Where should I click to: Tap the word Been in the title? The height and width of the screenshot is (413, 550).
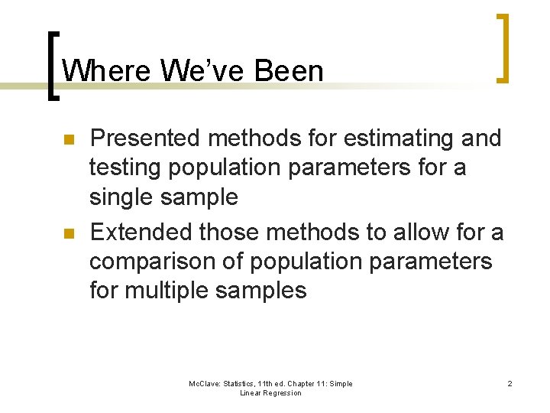290,71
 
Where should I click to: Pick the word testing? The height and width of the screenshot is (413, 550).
123,167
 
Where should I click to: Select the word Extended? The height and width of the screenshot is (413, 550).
140,230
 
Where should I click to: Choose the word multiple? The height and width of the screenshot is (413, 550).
175,291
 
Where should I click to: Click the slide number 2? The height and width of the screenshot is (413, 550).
510,383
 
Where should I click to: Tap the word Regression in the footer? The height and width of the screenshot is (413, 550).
281,393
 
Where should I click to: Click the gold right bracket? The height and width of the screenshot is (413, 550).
501,47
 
